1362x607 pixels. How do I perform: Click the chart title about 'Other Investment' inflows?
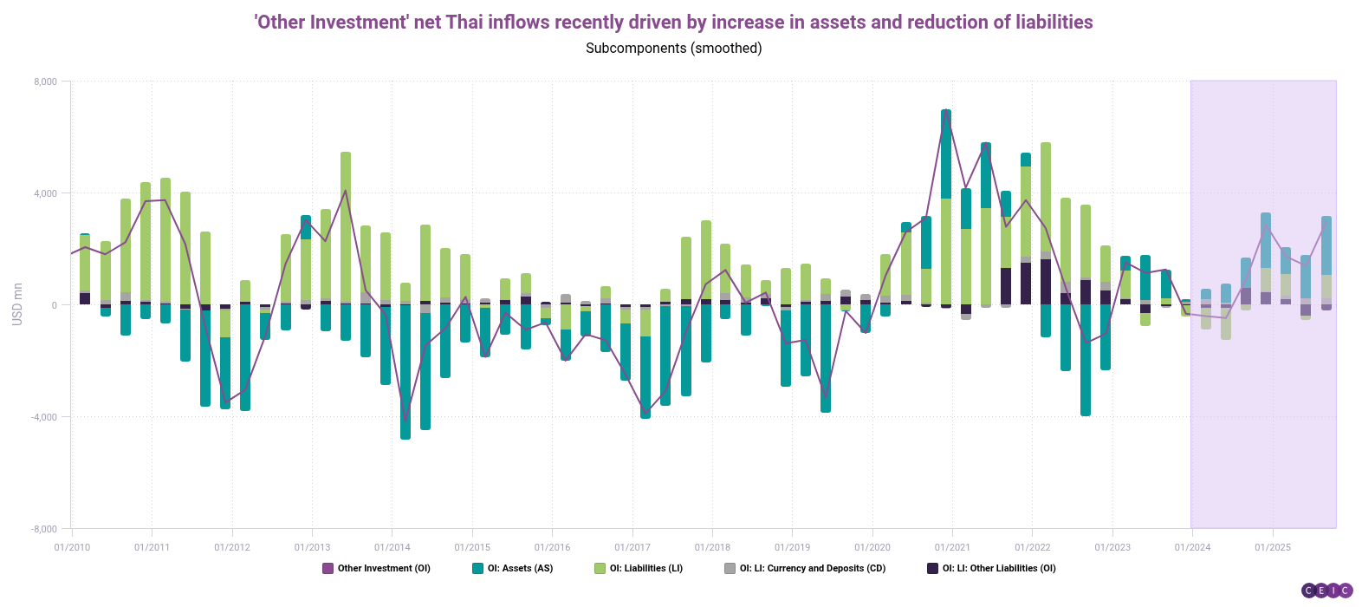click(x=673, y=22)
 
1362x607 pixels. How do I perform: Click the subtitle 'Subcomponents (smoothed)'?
click(x=673, y=49)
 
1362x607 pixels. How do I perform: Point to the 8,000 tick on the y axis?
click(x=45, y=82)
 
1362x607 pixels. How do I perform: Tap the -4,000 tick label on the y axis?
click(x=43, y=417)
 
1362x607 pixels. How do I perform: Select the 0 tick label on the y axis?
click(x=54, y=305)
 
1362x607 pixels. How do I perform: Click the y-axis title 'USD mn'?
click(x=17, y=304)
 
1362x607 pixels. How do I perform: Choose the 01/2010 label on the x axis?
click(x=72, y=547)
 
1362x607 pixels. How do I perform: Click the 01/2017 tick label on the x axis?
click(x=632, y=547)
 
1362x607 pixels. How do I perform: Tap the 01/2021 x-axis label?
click(x=952, y=547)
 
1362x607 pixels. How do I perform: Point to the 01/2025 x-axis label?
click(x=1273, y=547)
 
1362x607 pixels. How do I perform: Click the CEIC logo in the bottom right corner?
click(x=1326, y=591)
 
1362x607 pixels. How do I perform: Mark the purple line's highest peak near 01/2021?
click(x=946, y=113)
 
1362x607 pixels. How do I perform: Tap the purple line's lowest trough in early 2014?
click(x=405, y=420)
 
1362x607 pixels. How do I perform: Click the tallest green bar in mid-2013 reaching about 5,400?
click(x=346, y=225)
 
